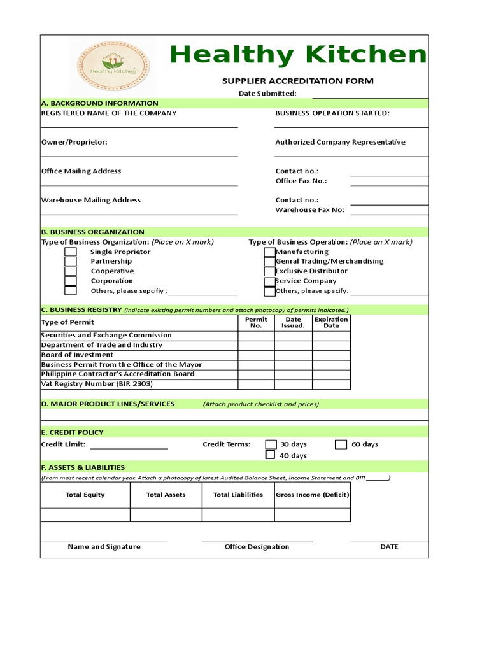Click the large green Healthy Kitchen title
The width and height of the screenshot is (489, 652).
[297, 55]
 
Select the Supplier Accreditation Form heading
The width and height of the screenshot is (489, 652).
[297, 81]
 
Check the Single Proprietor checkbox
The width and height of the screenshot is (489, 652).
[71, 252]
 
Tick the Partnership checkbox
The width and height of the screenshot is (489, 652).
[71, 262]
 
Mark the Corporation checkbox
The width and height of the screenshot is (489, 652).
[71, 281]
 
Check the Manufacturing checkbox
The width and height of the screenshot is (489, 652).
[270, 252]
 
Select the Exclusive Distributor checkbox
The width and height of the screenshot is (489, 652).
[270, 271]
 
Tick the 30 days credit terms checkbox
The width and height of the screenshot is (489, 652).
[271, 444]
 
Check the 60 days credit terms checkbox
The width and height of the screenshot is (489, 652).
[341, 444]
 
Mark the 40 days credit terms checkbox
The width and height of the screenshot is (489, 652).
[271, 455]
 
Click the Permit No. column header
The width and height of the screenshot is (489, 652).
[256, 322]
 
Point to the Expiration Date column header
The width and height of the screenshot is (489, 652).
[331, 322]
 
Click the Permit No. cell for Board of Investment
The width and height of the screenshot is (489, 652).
[256, 355]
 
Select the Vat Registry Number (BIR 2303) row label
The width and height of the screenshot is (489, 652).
[97, 384]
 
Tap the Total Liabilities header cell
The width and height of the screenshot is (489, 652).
[237, 495]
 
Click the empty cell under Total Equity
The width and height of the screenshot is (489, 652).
[85, 515]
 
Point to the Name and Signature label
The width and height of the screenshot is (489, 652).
[104, 547]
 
